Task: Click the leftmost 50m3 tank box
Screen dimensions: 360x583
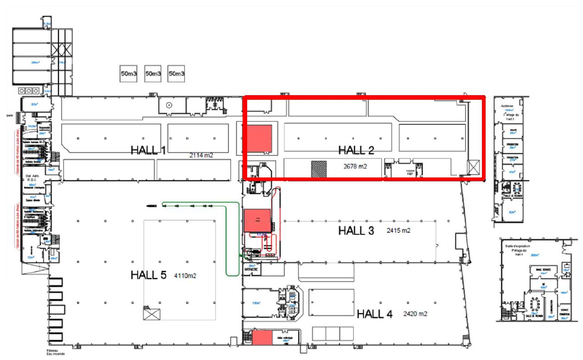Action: point(129,74)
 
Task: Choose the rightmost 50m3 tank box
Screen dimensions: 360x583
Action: point(176,74)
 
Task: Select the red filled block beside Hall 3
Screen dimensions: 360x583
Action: point(257,223)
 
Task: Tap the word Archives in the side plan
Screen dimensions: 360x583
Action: point(507,106)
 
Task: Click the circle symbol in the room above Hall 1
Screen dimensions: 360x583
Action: point(169,105)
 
